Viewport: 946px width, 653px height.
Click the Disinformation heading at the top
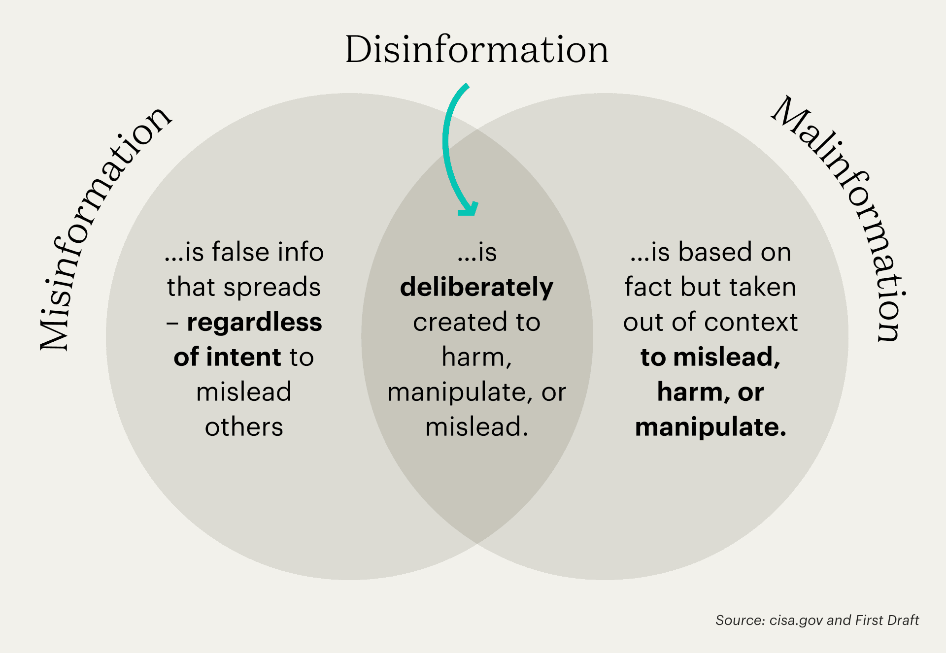click(476, 50)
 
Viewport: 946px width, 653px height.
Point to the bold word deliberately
click(476, 287)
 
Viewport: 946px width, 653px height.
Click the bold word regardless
click(254, 323)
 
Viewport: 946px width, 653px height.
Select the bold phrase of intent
click(227, 357)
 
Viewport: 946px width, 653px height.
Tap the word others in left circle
click(244, 427)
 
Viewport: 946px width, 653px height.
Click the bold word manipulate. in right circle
click(710, 427)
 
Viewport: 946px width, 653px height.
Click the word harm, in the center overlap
click(476, 357)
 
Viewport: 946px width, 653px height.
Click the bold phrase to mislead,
click(710, 357)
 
